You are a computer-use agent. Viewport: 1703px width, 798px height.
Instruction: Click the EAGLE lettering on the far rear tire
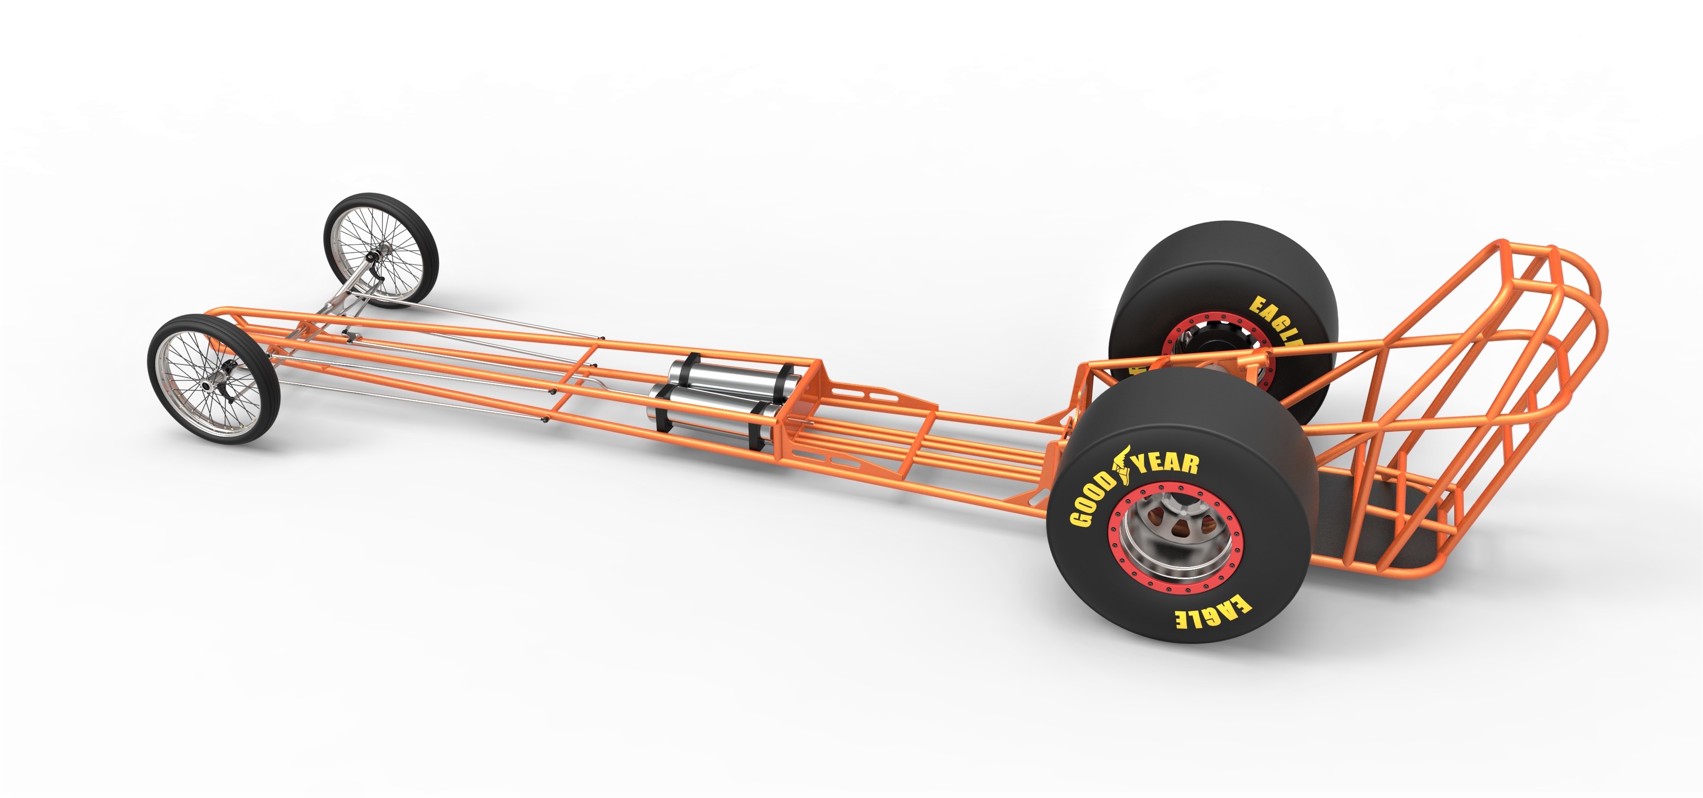[x=1274, y=320]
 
